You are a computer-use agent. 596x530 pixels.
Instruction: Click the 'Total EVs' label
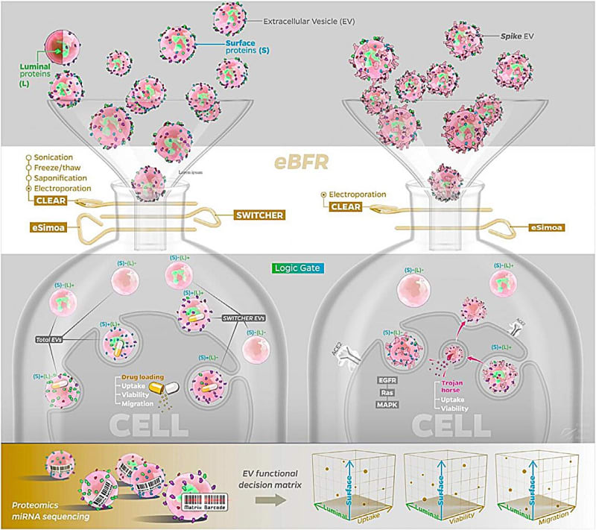(x=51, y=339)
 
